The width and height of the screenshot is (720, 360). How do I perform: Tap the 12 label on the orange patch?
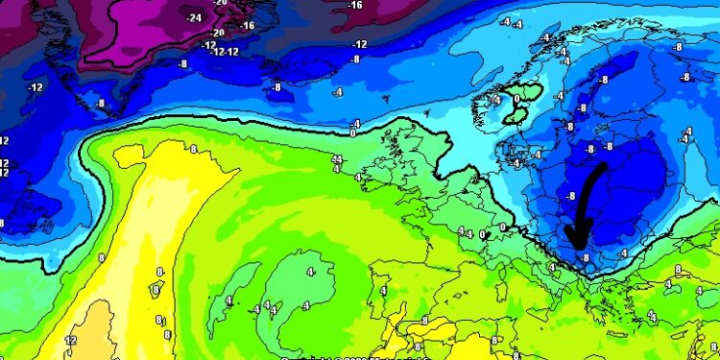click(69, 341)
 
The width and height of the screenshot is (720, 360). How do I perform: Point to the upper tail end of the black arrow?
click(602, 165)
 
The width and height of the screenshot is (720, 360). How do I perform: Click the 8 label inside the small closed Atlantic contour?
click(156, 289)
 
